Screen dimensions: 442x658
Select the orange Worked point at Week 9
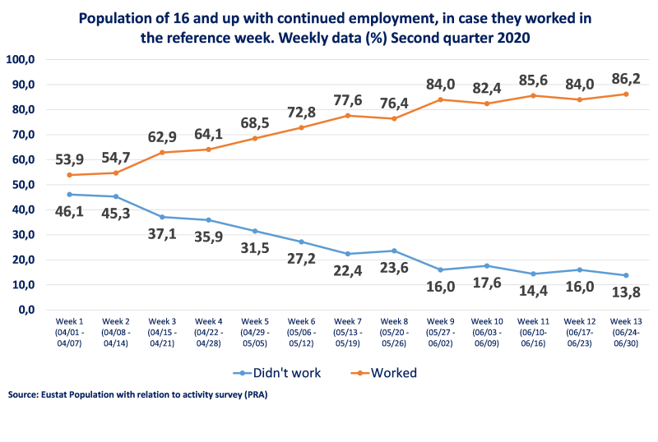point(440,99)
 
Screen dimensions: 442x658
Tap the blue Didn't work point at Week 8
point(394,251)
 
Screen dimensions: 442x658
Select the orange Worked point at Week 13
point(627,94)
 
